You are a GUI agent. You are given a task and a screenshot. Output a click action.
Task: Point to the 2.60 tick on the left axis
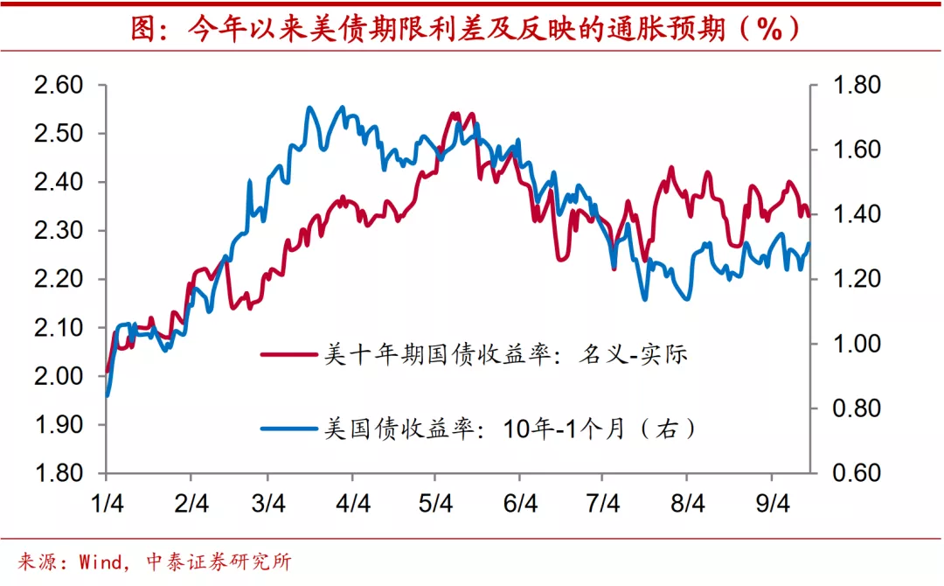point(57,86)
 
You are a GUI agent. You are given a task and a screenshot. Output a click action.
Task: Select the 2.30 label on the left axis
point(57,231)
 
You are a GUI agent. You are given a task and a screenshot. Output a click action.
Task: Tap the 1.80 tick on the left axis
point(57,473)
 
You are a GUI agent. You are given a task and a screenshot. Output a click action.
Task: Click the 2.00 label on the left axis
point(57,376)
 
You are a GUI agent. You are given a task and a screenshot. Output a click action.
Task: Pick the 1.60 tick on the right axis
point(857,150)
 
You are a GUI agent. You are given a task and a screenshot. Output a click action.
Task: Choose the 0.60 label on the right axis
point(857,473)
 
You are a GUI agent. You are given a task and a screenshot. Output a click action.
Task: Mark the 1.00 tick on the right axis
point(857,344)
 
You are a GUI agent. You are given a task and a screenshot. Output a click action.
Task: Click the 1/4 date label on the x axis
point(107,505)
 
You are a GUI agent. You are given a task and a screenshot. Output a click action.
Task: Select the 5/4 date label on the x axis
point(436,505)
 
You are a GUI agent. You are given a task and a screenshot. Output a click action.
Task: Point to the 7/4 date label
point(603,505)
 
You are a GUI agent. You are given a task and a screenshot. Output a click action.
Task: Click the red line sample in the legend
point(288,354)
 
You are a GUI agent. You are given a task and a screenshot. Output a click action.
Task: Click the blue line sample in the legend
point(288,429)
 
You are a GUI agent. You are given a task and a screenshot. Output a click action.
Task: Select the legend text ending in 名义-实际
point(507,354)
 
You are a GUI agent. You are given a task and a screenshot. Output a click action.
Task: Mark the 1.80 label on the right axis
point(857,86)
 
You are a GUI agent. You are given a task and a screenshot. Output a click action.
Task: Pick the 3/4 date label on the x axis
point(268,505)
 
